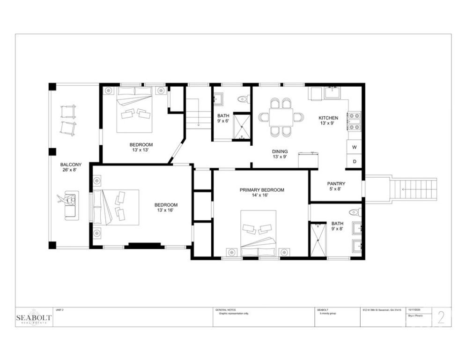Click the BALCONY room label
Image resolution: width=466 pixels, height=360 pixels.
71,165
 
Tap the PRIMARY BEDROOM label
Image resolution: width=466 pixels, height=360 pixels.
262,190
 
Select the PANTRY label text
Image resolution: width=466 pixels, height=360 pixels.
336,184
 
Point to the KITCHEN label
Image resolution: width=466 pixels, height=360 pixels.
328,118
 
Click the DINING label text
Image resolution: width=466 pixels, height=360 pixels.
280,151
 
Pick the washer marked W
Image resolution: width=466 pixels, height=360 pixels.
354,147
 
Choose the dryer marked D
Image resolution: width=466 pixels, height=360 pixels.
354,162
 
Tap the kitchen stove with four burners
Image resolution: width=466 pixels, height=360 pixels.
354,121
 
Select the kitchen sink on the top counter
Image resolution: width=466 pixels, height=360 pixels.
333,92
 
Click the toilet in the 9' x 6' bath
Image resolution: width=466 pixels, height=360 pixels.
243,99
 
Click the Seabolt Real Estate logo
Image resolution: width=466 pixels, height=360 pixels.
35,317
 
